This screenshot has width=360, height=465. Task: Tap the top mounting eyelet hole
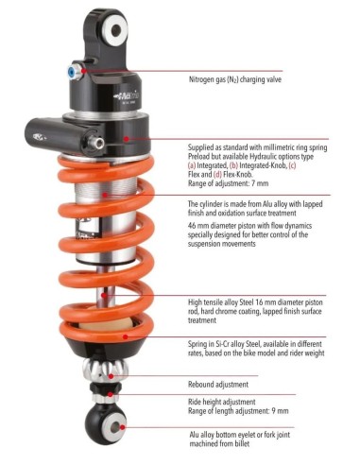(x=116, y=30)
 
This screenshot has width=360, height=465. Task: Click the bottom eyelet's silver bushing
(x=114, y=427)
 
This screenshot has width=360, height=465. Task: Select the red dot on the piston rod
(x=104, y=295)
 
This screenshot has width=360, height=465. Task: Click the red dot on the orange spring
(x=125, y=336)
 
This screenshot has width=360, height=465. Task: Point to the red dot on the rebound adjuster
(x=111, y=376)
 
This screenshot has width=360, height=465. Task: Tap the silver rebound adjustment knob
(x=105, y=370)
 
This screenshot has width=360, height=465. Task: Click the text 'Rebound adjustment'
(x=218, y=385)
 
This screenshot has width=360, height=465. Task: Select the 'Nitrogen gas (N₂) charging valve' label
(x=235, y=79)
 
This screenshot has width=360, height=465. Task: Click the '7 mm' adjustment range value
(x=260, y=183)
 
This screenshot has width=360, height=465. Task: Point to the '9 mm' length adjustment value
(x=280, y=411)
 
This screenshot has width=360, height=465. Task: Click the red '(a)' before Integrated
(x=192, y=165)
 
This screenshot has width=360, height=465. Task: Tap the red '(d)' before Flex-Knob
(x=217, y=174)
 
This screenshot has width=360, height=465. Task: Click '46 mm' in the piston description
(x=197, y=226)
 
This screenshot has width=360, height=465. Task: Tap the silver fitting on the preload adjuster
(x=96, y=143)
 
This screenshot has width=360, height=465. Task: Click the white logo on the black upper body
(x=128, y=95)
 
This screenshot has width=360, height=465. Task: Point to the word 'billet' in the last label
(x=241, y=444)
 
